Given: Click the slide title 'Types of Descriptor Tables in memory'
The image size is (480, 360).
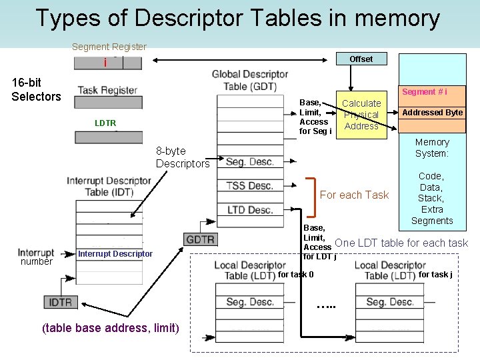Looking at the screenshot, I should [237, 19].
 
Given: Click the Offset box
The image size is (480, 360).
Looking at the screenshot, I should [361, 59].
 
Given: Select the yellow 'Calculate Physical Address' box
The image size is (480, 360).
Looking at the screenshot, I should [361, 115].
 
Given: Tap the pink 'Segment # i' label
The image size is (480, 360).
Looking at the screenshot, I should [425, 92].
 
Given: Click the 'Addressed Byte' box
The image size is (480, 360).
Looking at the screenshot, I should [432, 113].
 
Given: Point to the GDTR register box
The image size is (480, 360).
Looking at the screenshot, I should [199, 239].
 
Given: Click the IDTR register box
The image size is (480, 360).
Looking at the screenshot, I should [61, 302].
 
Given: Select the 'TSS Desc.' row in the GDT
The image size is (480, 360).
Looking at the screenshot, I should [250, 186].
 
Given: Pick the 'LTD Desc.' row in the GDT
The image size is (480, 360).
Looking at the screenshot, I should [250, 210].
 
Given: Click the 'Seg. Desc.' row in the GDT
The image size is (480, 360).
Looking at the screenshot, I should [250, 162].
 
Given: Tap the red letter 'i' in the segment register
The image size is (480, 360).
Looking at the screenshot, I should [105, 63].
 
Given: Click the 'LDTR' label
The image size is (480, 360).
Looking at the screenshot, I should [105, 123].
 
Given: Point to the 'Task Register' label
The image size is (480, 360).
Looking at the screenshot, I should [107, 91].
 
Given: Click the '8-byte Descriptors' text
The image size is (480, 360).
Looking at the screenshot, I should [182, 157].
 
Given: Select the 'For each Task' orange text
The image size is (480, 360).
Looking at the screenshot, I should [354, 195].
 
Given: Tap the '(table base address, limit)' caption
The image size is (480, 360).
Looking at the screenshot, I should [110, 327].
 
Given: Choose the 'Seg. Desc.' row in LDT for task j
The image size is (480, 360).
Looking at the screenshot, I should [390, 302].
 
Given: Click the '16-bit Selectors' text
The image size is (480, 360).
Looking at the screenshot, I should [36, 89].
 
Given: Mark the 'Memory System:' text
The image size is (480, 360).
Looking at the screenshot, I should [432, 147].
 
